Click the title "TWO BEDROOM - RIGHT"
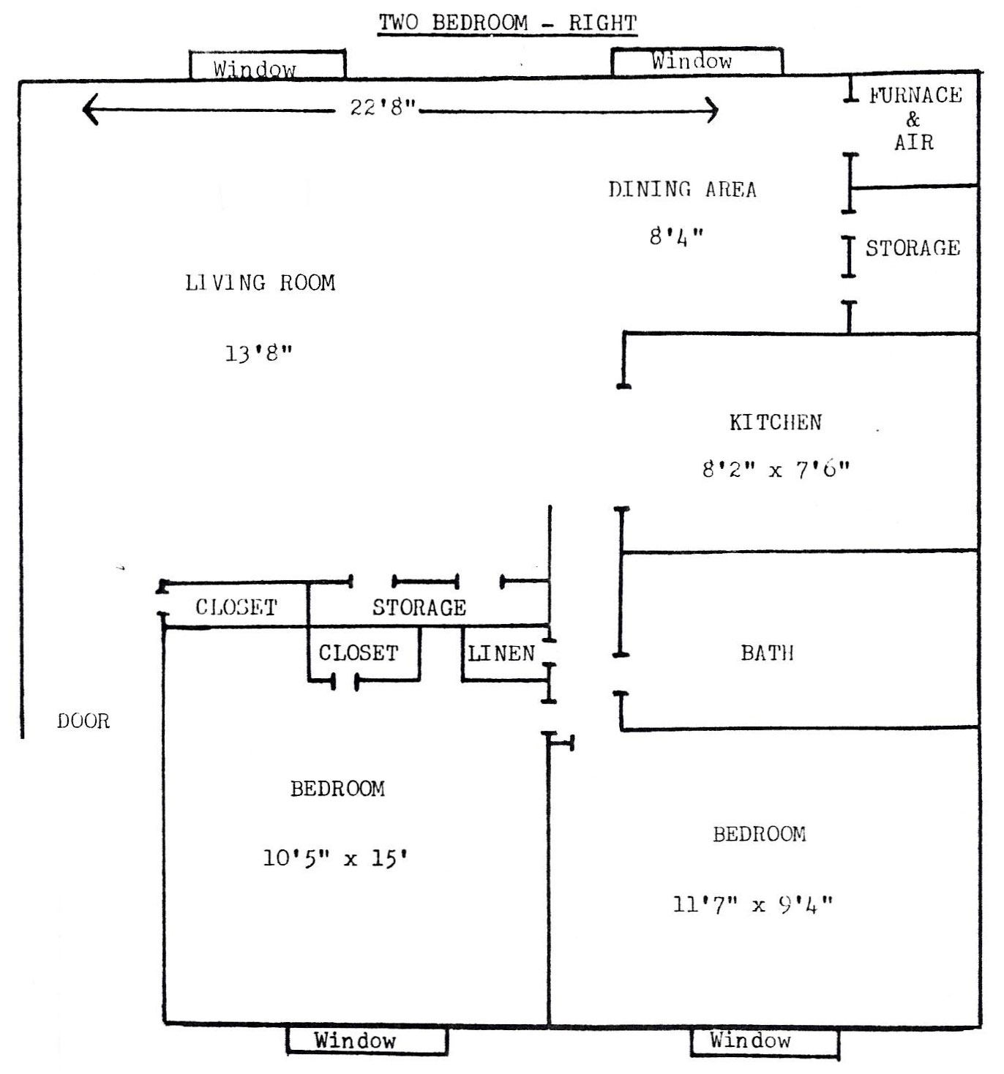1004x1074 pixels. click(507, 23)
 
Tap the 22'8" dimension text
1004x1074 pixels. click(383, 107)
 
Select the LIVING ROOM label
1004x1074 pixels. click(261, 283)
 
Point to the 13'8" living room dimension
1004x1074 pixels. click(258, 353)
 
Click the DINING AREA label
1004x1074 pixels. click(682, 189)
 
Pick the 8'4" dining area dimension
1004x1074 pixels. click(676, 236)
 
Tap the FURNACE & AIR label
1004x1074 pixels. click(915, 119)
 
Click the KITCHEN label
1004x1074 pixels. click(776, 422)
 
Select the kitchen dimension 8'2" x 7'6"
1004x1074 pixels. click(776, 469)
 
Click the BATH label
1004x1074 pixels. click(767, 653)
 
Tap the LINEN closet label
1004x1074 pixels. click(501, 653)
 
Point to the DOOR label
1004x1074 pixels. click(84, 721)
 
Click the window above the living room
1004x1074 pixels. click(267, 65)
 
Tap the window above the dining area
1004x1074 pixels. click(697, 61)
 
